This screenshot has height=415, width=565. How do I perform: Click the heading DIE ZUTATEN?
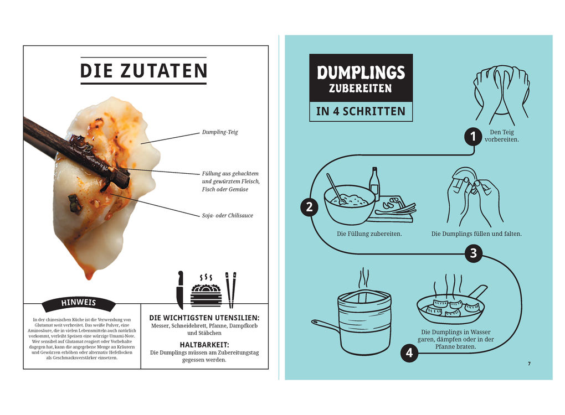143,71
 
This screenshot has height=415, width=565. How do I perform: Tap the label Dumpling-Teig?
220,132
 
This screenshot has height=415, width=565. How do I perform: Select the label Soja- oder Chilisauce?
227,215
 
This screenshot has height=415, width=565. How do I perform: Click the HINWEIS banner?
78,303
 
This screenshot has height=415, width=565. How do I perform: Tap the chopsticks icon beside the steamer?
230,289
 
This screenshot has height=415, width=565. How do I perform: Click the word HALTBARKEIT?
204,344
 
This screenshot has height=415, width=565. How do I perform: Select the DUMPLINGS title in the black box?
361,72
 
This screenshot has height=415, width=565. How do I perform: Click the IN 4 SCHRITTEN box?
361,111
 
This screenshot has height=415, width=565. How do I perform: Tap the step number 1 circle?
472,136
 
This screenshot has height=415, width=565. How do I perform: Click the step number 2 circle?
309,207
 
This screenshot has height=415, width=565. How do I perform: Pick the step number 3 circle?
472,254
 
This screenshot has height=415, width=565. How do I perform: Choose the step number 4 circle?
409,352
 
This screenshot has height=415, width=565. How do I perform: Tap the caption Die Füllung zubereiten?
369,234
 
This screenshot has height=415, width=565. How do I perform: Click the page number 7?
529,364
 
